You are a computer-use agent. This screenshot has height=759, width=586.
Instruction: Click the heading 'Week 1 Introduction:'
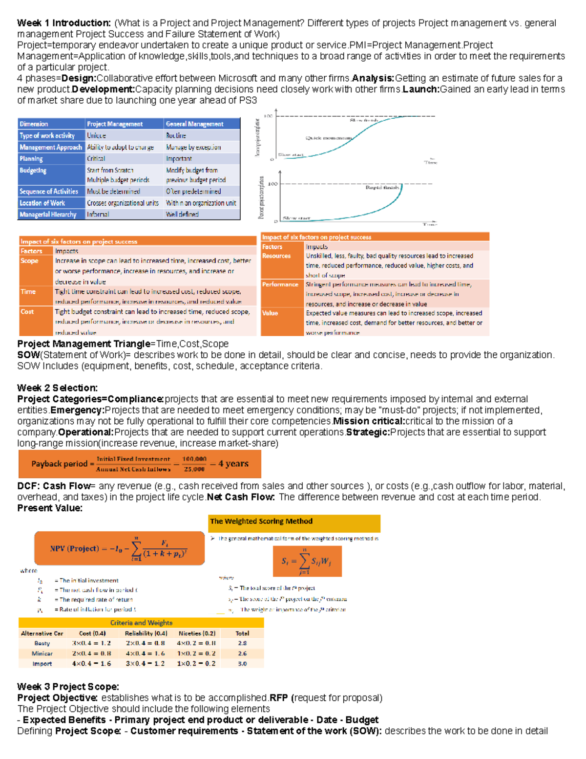(64, 23)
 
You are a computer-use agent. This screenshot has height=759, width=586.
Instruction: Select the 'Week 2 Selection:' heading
(57, 388)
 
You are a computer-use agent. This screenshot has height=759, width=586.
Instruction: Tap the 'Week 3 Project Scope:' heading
(68, 687)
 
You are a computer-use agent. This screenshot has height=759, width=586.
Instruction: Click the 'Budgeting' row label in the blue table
(33, 171)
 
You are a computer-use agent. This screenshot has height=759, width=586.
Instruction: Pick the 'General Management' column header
(194, 124)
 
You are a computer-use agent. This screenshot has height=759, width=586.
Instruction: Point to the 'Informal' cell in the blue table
(98, 215)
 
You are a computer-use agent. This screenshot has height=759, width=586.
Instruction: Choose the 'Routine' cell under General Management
(176, 135)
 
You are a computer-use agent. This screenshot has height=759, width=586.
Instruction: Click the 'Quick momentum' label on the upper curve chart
(329, 138)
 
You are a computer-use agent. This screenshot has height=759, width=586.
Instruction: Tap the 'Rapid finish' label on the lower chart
(382, 187)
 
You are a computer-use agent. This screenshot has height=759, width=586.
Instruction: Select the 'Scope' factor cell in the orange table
(29, 261)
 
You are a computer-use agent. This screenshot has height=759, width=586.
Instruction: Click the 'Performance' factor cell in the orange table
(280, 284)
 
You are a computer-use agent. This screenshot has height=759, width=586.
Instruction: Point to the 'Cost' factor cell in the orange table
(27, 312)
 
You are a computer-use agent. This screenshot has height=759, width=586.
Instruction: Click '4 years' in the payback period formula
(233, 464)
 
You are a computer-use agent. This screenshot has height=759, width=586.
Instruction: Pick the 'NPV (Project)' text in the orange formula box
(74, 548)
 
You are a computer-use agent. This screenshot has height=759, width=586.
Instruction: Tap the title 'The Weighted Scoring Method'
(261, 521)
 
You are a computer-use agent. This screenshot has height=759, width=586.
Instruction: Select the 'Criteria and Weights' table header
(141, 623)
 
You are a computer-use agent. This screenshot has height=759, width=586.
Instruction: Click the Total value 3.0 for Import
(242, 664)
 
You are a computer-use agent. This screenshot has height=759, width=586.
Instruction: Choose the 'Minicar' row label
(42, 653)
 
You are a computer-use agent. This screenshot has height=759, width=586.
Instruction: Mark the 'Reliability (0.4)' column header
(146, 633)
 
